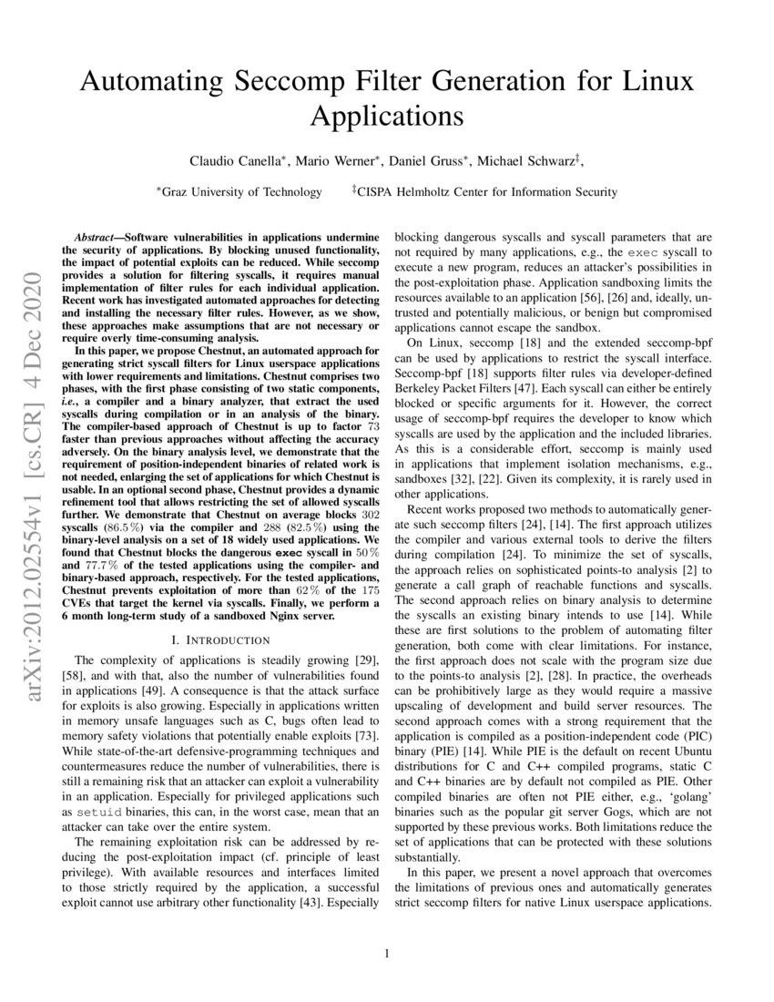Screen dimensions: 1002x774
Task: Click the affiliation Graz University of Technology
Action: (241, 191)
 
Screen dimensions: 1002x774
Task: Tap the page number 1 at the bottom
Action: (387, 954)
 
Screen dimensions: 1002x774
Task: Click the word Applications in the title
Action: (387, 118)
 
